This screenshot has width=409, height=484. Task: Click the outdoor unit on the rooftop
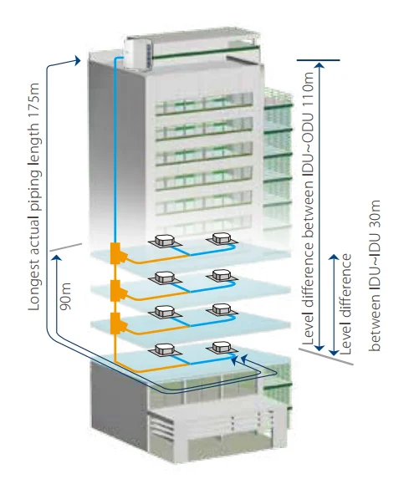[138, 53]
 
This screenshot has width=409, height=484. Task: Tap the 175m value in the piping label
[33, 101]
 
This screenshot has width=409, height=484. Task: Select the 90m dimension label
[65, 296]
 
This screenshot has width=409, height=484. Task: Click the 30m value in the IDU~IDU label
[375, 212]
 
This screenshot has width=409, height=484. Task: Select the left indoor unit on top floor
[164, 241]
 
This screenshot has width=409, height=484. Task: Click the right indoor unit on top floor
[222, 238]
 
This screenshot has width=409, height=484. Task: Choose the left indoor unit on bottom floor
[164, 350]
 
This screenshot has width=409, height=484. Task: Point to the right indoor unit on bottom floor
[222, 348]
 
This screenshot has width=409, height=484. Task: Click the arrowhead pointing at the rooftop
[77, 60]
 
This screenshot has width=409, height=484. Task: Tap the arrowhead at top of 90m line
[56, 257]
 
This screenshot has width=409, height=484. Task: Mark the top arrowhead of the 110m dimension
[320, 64]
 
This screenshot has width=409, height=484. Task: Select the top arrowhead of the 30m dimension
[334, 257]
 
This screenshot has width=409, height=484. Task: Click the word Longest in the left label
[33, 286]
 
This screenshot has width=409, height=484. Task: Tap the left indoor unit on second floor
[164, 278]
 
